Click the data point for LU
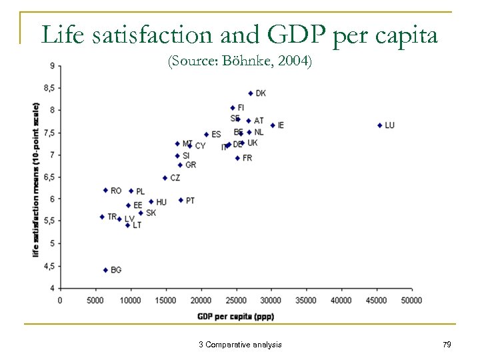pyautogui.click(x=379, y=125)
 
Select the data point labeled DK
pyautogui.click(x=251, y=93)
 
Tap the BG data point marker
pyautogui.click(x=105, y=270)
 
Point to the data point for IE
pyautogui.click(x=273, y=125)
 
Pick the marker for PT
pyautogui.click(x=181, y=200)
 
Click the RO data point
pyautogui.click(x=105, y=190)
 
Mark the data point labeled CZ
pyautogui.click(x=165, y=178)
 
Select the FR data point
pyautogui.click(x=237, y=158)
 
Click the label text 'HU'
pyautogui.click(x=161, y=202)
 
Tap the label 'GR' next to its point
pyautogui.click(x=191, y=165)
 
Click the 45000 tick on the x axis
pyautogui.click(x=377, y=301)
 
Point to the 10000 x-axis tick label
pyautogui.click(x=131, y=301)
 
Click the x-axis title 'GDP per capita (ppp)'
pyautogui.click(x=235, y=316)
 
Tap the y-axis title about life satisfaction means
pyautogui.click(x=36, y=179)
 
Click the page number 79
pyautogui.click(x=446, y=344)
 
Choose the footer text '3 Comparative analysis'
pyautogui.click(x=240, y=344)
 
